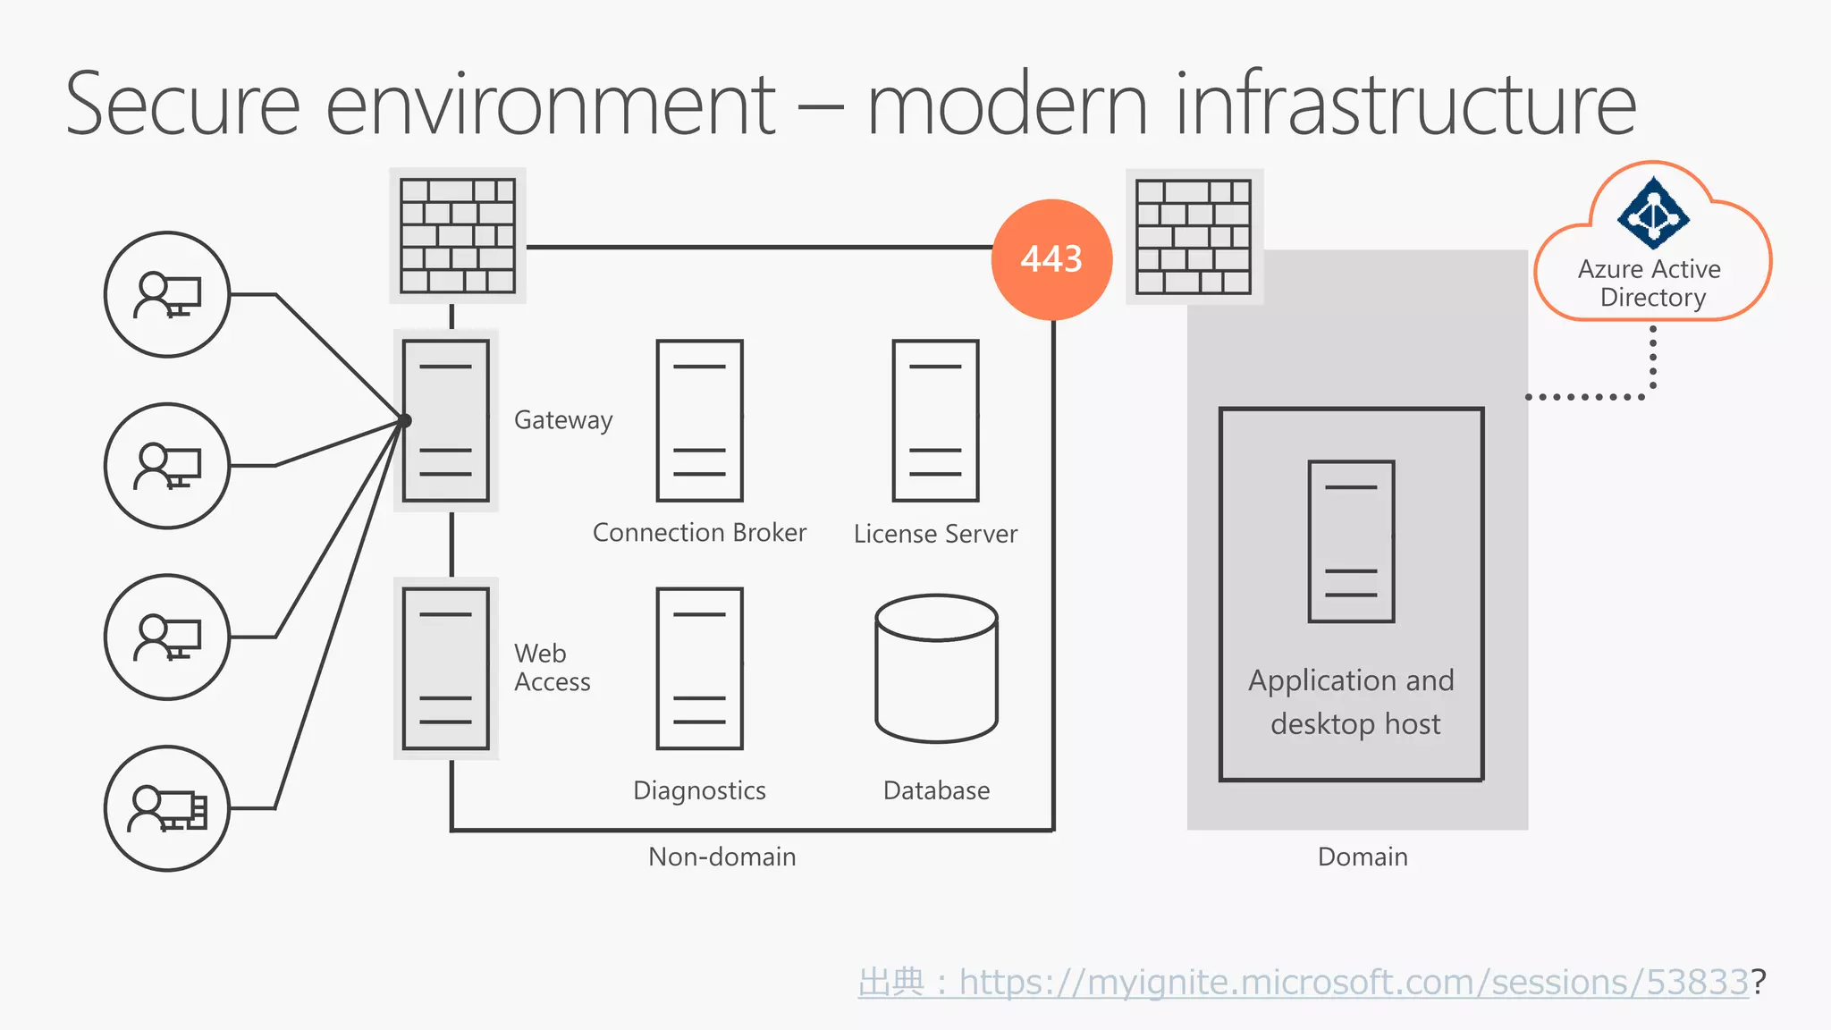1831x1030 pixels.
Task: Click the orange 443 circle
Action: [x=1051, y=259]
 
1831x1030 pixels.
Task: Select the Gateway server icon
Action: [x=445, y=420]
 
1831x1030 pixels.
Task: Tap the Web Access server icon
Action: [x=445, y=668]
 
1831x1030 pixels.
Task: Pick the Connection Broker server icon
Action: [x=699, y=420]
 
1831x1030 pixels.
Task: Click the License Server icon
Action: [x=935, y=420]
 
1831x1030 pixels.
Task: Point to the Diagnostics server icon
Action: [x=699, y=668]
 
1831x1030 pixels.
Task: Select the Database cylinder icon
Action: [x=936, y=668]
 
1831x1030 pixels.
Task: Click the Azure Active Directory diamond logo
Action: [x=1653, y=214]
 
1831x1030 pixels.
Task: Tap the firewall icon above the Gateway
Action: [x=458, y=235]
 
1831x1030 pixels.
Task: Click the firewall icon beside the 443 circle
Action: [x=1194, y=236]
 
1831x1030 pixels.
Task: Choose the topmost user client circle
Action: [x=167, y=294]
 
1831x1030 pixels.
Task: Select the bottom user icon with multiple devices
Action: [x=167, y=808]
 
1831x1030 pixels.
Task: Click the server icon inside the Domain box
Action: [x=1351, y=541]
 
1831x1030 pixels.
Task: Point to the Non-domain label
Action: [x=721, y=857]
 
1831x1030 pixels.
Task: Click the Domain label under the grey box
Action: [x=1363, y=857]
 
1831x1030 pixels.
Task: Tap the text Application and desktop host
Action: [x=1353, y=702]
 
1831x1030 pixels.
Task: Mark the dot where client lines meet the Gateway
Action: [x=405, y=420]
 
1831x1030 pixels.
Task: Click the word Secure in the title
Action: [x=183, y=105]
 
